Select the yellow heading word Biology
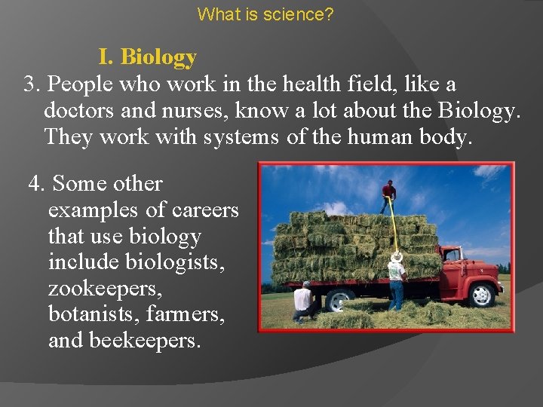click(158, 57)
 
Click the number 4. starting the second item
click(38, 183)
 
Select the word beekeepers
click(145, 341)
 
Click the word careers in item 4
click(205, 210)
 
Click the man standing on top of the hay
click(388, 196)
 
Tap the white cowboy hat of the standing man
click(396, 257)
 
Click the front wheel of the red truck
click(480, 295)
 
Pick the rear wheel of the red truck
click(341, 299)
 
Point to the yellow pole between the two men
click(391, 226)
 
